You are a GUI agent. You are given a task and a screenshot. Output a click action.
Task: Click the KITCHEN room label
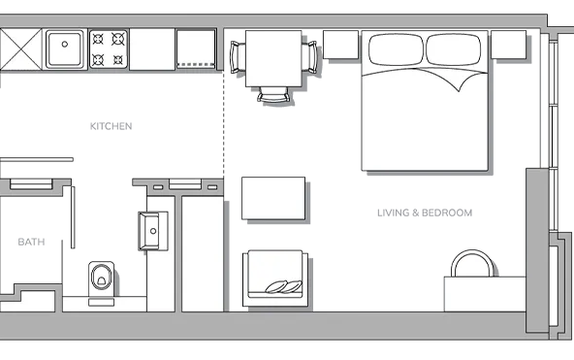(x=111, y=126)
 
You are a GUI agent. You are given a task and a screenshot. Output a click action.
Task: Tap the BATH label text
(x=31, y=242)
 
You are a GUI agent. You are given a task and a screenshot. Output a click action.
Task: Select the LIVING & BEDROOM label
(x=425, y=213)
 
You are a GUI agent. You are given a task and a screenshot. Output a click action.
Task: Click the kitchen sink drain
(x=65, y=45)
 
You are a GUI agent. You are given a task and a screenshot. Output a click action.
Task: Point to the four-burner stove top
(x=109, y=49)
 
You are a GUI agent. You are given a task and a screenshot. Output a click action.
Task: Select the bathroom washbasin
(x=153, y=231)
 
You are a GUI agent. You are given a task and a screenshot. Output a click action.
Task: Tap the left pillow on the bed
(x=397, y=49)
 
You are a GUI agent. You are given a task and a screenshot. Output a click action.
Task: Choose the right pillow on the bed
(x=454, y=49)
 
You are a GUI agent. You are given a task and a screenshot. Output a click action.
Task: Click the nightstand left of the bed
(x=340, y=45)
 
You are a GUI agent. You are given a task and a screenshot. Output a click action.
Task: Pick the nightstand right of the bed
(x=508, y=45)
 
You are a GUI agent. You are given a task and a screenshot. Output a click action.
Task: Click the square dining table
(x=273, y=58)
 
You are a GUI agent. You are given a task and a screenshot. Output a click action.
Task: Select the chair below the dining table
(x=273, y=94)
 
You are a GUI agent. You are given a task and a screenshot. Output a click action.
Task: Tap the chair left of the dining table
(x=238, y=57)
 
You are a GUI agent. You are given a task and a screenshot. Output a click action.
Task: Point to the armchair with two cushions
(x=275, y=278)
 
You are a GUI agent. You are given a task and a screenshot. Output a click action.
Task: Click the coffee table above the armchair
(x=273, y=198)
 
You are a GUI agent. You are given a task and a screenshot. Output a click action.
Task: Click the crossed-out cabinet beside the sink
(x=20, y=49)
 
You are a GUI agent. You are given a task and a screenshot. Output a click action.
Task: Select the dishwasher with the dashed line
(x=196, y=49)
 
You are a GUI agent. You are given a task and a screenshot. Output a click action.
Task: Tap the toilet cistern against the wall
(x=102, y=302)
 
